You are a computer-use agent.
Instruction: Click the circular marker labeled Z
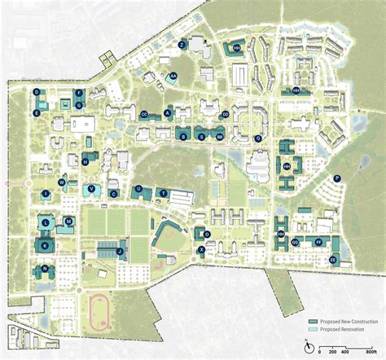pos(182,44)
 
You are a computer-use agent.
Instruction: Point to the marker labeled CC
pos(144,114)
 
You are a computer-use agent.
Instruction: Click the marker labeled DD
pos(225,115)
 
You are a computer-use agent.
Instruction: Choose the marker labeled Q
pos(258,138)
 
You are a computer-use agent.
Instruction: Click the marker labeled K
pos(46,244)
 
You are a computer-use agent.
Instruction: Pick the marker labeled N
pos(44,269)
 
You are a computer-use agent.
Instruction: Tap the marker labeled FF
pos(317,242)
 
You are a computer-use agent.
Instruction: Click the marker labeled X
pos(201,251)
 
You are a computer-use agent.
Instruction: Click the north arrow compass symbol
pos(306,348)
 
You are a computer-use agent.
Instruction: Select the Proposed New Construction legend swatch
pos(312,323)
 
